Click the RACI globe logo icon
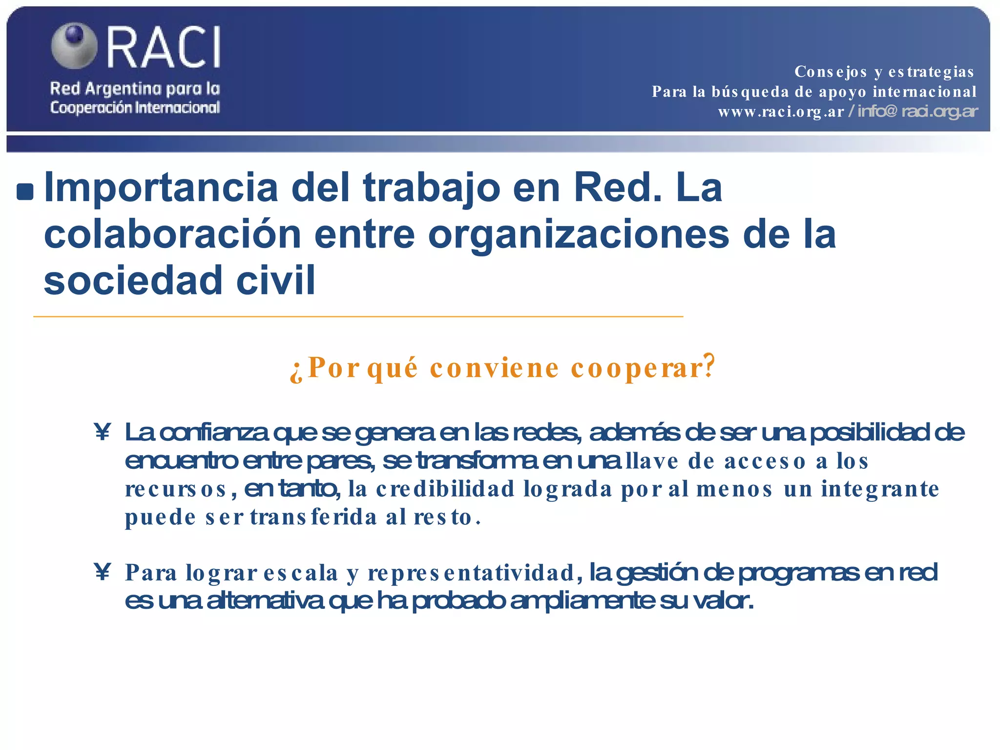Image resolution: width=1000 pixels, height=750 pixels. (x=74, y=45)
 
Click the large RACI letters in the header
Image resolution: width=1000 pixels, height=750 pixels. (x=164, y=47)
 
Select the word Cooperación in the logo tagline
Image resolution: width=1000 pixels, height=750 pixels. (x=90, y=107)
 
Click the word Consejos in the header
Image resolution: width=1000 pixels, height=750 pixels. (x=831, y=72)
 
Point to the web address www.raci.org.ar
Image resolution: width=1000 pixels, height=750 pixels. (x=781, y=112)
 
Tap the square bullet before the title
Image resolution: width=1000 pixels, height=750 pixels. (x=25, y=192)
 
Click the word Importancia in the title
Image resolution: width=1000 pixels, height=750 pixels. (x=161, y=188)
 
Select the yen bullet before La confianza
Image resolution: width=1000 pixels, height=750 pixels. (x=103, y=432)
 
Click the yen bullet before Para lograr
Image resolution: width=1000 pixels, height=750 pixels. (x=103, y=572)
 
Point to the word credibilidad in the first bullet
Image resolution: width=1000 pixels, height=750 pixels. (x=445, y=489)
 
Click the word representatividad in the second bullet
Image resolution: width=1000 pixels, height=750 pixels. (x=471, y=573)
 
